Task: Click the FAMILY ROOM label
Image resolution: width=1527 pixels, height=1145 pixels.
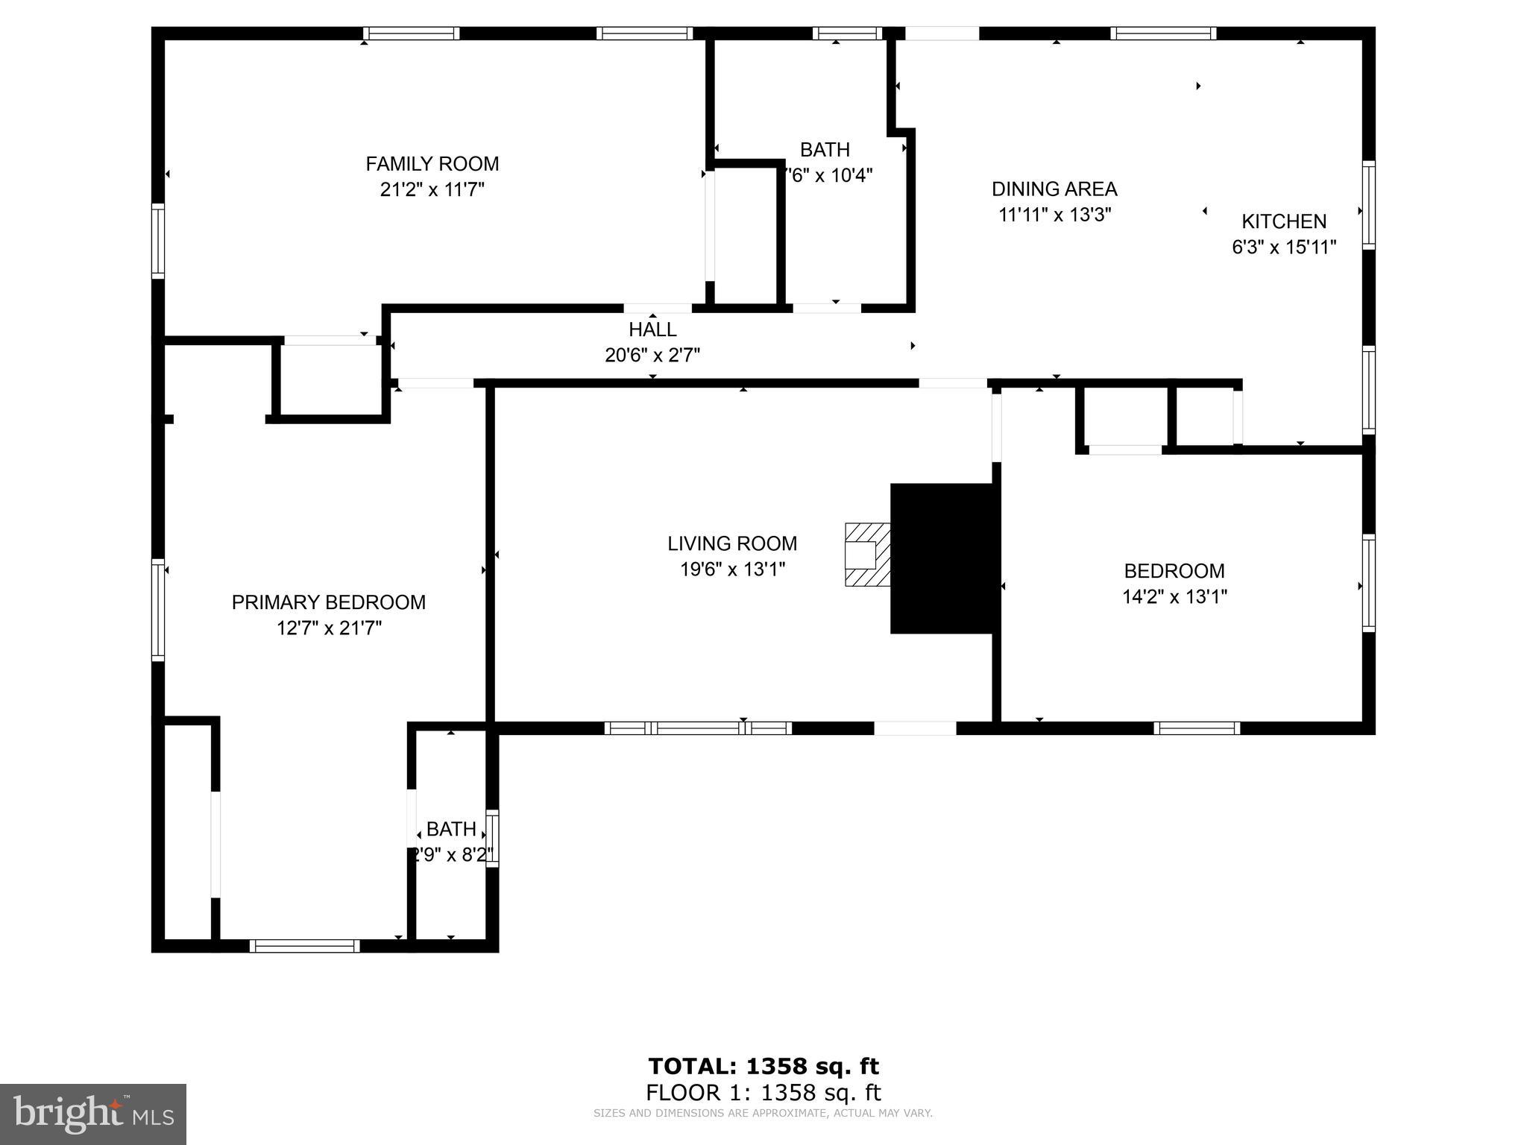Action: tap(432, 164)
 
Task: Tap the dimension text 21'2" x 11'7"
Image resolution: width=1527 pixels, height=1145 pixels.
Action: tap(432, 190)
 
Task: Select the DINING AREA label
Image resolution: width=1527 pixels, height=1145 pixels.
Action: tap(1054, 189)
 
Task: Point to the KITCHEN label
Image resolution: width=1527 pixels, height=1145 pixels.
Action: tap(1283, 221)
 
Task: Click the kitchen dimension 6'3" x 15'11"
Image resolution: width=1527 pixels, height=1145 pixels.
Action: tap(1283, 247)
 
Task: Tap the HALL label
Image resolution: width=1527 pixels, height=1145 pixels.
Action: tap(652, 329)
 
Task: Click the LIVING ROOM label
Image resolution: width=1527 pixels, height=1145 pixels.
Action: tap(732, 543)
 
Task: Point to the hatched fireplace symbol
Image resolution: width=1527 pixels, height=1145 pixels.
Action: tap(867, 555)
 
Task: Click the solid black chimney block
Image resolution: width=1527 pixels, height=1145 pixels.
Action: tap(942, 558)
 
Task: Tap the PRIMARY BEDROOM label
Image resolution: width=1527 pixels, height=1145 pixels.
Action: tap(328, 602)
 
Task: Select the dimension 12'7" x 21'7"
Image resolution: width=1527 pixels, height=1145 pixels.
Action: tap(328, 628)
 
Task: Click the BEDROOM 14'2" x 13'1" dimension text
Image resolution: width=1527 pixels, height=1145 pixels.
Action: tap(1174, 597)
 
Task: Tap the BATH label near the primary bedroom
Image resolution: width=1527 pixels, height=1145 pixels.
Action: tap(451, 829)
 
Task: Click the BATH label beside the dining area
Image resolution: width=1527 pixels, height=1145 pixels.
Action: tap(825, 150)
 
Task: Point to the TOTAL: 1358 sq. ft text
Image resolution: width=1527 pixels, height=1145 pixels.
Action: tap(763, 1066)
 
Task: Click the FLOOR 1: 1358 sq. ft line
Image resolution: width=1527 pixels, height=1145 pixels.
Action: tap(763, 1093)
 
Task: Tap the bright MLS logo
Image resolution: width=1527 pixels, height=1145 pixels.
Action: tap(93, 1114)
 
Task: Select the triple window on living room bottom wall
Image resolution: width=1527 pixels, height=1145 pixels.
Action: tap(698, 728)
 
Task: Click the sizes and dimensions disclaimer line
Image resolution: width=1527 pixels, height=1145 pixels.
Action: tap(763, 1114)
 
